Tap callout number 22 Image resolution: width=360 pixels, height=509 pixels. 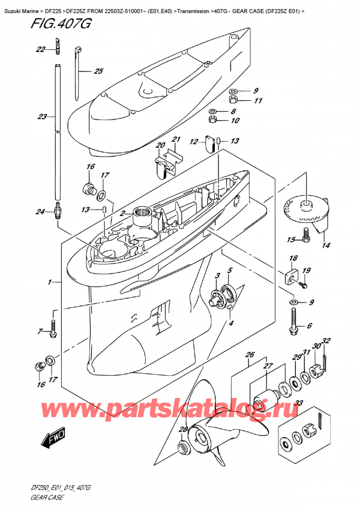pyautogui.click(x=40, y=49)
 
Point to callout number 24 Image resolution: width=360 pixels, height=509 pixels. pyautogui.click(x=40, y=211)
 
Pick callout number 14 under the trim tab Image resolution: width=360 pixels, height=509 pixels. pyautogui.click(x=326, y=245)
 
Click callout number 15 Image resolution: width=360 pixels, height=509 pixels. pyautogui.click(x=291, y=240)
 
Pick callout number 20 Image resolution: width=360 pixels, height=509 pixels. pyautogui.click(x=160, y=145)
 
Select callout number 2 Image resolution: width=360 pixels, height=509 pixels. pyautogui.click(x=122, y=214)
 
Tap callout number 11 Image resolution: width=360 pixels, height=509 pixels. pyautogui.click(x=259, y=100)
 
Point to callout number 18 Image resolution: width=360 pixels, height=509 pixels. pyautogui.click(x=293, y=258)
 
